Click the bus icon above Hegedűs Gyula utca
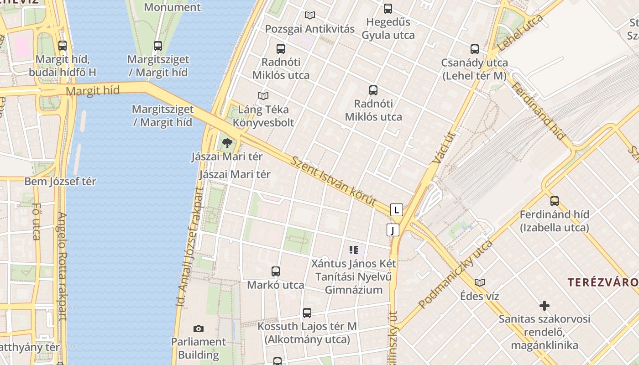[388, 8]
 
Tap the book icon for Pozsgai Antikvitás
[310, 15]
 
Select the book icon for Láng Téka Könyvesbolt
[263, 96]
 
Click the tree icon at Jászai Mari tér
[227, 143]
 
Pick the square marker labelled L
[397, 210]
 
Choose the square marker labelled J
[393, 230]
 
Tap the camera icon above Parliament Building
[198, 328]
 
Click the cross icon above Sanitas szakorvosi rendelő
[544, 306]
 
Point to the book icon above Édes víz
[479, 282]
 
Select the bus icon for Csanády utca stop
[474, 49]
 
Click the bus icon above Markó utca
[275, 271]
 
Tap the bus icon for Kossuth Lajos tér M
[307, 313]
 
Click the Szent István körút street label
[334, 182]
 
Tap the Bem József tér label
[60, 182]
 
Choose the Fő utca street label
[37, 222]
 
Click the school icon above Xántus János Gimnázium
[353, 250]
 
